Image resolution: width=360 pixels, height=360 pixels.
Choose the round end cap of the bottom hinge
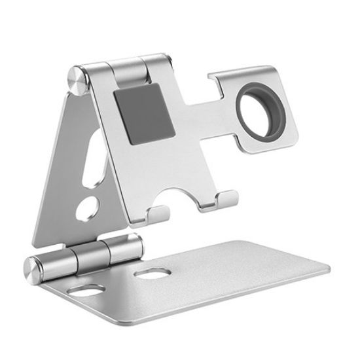tap(33, 268)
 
